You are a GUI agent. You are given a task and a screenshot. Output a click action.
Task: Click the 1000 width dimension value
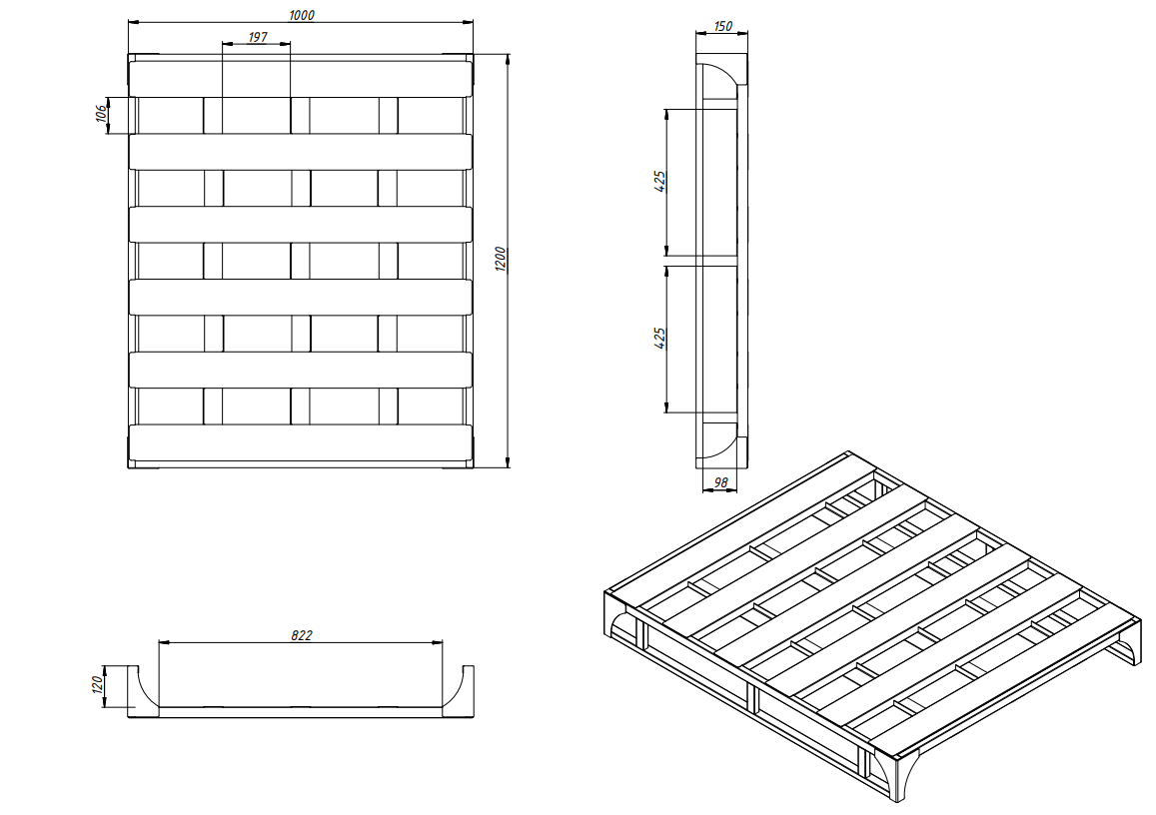click(301, 15)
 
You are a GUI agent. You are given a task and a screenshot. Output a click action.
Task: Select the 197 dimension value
click(258, 37)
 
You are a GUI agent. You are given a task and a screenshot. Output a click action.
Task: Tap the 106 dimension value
click(102, 114)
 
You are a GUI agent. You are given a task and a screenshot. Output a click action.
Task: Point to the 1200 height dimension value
click(501, 259)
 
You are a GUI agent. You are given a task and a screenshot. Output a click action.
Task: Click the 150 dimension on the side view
click(723, 27)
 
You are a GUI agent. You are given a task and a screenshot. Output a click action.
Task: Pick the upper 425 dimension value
click(660, 181)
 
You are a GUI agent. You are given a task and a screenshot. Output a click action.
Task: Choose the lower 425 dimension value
click(660, 338)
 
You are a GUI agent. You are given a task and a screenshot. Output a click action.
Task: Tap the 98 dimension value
click(721, 482)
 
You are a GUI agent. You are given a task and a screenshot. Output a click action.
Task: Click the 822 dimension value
click(302, 635)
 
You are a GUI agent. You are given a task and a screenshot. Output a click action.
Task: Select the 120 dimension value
click(96, 684)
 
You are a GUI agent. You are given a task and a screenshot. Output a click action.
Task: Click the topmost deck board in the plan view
click(301, 78)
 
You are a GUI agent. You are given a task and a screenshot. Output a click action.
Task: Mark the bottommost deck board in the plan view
click(301, 442)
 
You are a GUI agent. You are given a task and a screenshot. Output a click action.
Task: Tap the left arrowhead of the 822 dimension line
click(165, 642)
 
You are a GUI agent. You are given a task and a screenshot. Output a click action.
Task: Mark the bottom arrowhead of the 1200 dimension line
click(508, 461)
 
